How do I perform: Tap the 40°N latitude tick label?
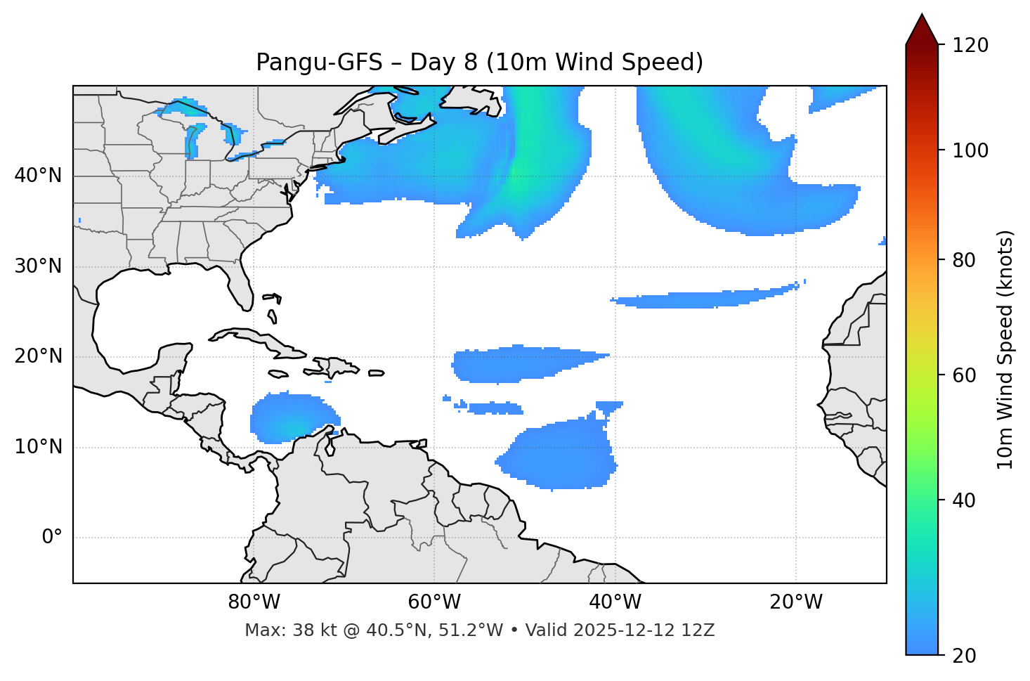point(38,176)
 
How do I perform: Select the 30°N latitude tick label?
point(38,266)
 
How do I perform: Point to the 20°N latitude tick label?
point(38,357)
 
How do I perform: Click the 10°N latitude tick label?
point(38,447)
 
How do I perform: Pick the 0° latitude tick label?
point(52,538)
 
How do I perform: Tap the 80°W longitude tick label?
point(254,602)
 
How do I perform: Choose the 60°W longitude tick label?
point(434,602)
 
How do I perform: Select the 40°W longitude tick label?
point(615,602)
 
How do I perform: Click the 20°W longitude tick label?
point(795,602)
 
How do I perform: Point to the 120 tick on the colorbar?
point(970,46)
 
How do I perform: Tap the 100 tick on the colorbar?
point(970,150)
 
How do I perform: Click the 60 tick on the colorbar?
point(964,375)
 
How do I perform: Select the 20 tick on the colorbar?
point(964,656)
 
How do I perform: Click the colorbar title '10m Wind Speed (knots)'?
point(1005,350)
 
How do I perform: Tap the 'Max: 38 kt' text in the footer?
point(275,630)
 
